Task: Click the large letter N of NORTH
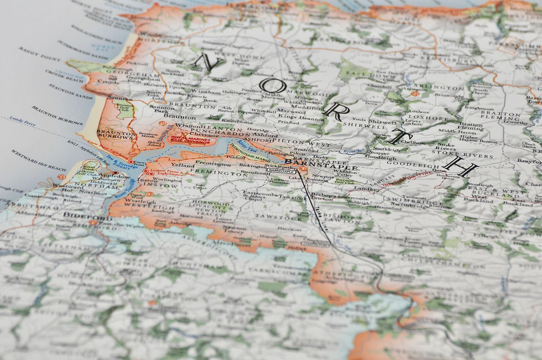[x=209, y=62]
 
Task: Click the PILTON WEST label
[x=312, y=144]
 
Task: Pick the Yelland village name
[x=183, y=165]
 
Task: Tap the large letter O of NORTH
[x=275, y=87]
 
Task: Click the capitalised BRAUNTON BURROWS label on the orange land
[x=117, y=135]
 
